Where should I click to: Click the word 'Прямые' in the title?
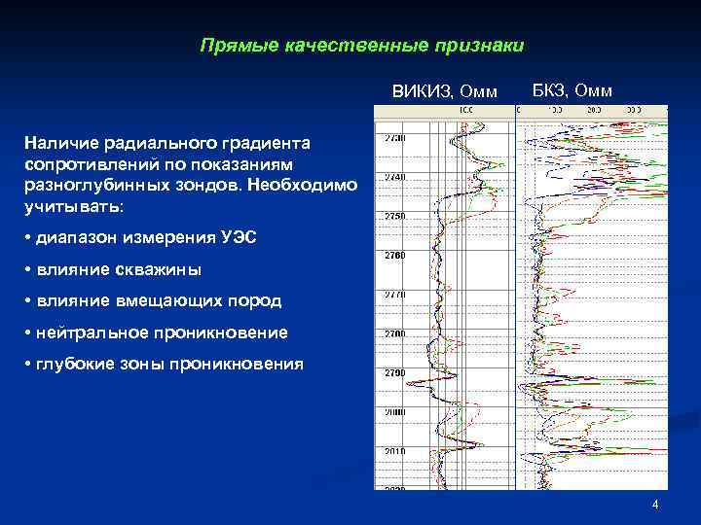point(228,46)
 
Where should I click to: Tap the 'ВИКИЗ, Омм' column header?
point(444,92)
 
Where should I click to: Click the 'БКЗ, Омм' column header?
point(572,91)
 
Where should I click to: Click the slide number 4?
point(655,505)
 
